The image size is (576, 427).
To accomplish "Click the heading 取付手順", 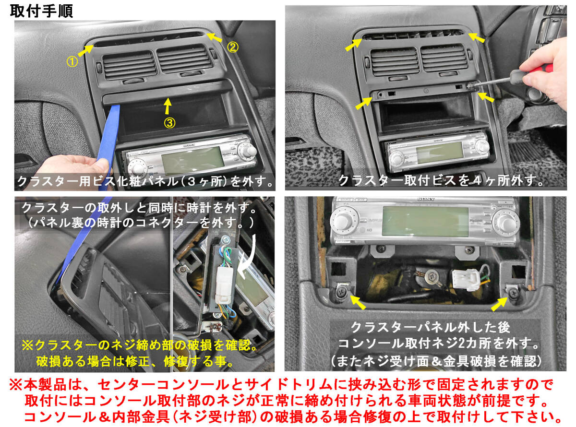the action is (41, 11).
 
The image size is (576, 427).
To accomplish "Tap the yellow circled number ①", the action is (72, 62).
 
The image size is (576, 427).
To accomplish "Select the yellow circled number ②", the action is (233, 47).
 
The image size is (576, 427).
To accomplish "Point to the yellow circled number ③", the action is (169, 123).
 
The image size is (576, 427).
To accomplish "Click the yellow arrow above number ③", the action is (168, 106).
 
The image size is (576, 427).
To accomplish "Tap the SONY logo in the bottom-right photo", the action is (426, 199).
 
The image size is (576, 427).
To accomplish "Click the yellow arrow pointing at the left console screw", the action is (358, 303).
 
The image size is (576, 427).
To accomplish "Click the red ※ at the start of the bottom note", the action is (16, 385).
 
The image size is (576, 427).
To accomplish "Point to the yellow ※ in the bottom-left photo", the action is (27, 345).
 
